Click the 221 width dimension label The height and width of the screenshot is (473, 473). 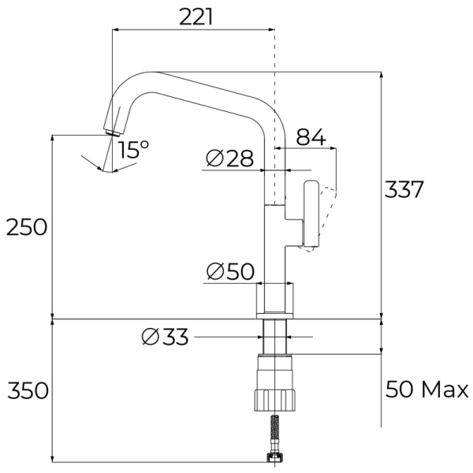click(196, 17)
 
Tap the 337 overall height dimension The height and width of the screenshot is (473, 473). click(404, 189)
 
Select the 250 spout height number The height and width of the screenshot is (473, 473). click(27, 227)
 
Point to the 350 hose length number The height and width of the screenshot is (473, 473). click(28, 390)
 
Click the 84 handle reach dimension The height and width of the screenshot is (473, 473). click(311, 137)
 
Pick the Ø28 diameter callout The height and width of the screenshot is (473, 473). click(230, 158)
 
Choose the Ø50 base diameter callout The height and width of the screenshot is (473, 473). click(230, 271)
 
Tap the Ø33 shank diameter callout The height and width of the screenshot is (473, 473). click(165, 337)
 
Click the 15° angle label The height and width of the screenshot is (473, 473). click(134, 149)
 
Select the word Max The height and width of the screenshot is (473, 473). click(445, 389)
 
